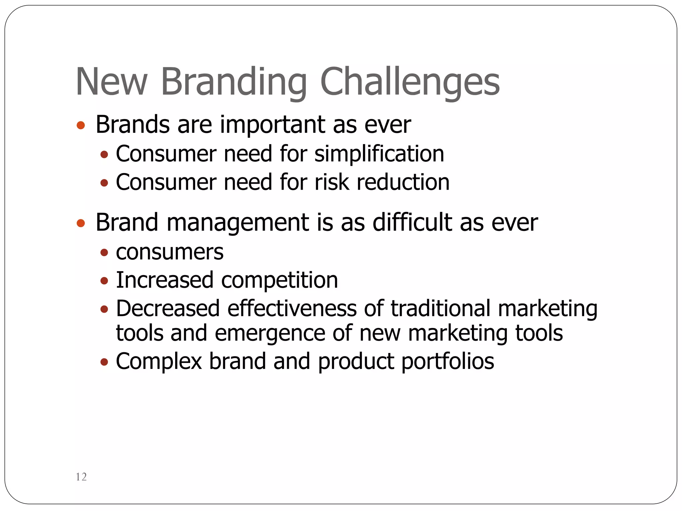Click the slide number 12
(x=81, y=477)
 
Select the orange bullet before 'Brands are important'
(x=81, y=125)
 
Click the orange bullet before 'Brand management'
(x=81, y=223)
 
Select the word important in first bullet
(x=272, y=125)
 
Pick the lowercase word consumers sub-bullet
(x=170, y=252)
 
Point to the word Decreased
(x=168, y=308)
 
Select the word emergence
(x=270, y=333)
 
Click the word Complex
(x=159, y=362)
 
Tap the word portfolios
(x=448, y=362)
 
